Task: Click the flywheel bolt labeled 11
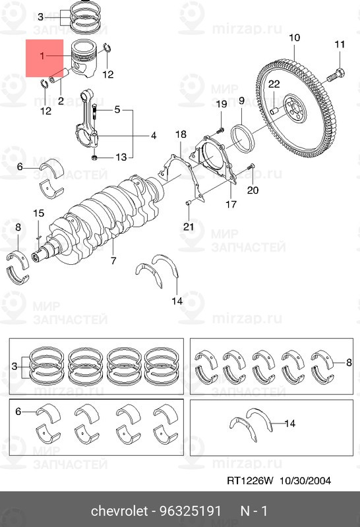pyautogui.click(x=336, y=75)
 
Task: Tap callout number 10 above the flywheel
pyautogui.click(x=294, y=38)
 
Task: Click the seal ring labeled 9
pyautogui.click(x=243, y=137)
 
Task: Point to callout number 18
pyautogui.click(x=181, y=134)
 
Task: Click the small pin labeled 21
pyautogui.click(x=189, y=203)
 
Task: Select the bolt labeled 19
pyautogui.click(x=220, y=129)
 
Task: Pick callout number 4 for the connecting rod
pyautogui.click(x=154, y=136)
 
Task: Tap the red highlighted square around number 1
pyautogui.click(x=45, y=58)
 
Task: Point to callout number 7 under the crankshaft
pyautogui.click(x=113, y=260)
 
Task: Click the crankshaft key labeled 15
pyautogui.click(x=38, y=237)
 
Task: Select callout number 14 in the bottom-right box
pyautogui.click(x=289, y=423)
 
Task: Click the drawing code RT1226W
pyautogui.click(x=251, y=481)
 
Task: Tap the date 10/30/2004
pyautogui.click(x=305, y=481)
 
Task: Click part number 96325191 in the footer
pyautogui.click(x=190, y=511)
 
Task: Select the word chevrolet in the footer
pyautogui.click(x=119, y=511)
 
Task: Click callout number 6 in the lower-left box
pyautogui.click(x=18, y=411)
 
